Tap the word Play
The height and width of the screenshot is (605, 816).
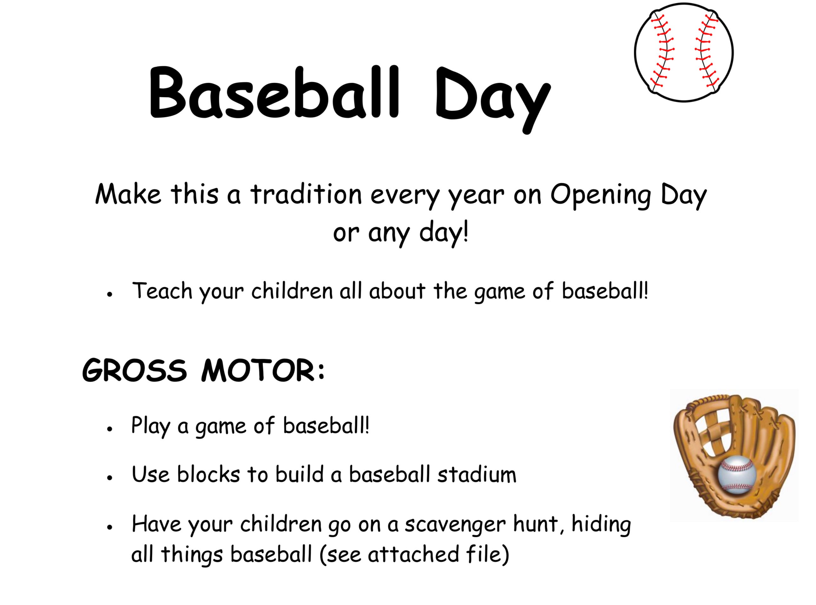pyautogui.click(x=151, y=426)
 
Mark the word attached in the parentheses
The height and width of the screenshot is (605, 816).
pyautogui.click(x=413, y=554)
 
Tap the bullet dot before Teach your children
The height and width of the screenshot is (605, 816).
pyautogui.click(x=109, y=294)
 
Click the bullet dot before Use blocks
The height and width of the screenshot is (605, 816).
pyautogui.click(x=109, y=478)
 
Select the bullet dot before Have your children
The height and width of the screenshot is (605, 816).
pyautogui.click(x=109, y=527)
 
